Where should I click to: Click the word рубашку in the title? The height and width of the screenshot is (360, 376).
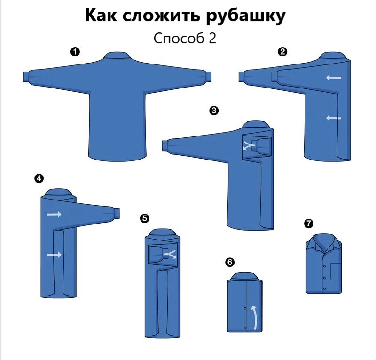[x=246, y=16]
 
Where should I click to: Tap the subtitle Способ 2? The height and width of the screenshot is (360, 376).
[x=185, y=38]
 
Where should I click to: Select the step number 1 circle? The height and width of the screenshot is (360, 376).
[x=75, y=52]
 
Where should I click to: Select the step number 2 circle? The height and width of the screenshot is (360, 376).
[x=282, y=52]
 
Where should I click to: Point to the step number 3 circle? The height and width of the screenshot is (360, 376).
[x=214, y=111]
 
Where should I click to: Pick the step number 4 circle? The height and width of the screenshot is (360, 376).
[x=39, y=178]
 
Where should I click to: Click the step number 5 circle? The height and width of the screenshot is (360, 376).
[x=145, y=218]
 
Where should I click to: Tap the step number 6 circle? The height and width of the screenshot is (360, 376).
[x=230, y=262]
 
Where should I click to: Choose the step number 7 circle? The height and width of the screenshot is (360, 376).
[x=309, y=224]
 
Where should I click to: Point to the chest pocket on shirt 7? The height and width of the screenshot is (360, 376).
[x=336, y=272]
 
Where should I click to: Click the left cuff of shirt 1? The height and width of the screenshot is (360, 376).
[x=26, y=77]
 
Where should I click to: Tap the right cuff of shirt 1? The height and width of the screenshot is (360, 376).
[x=208, y=77]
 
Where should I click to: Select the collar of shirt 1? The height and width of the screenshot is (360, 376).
[x=117, y=56]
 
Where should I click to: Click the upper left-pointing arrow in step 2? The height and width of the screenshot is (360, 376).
[x=334, y=78]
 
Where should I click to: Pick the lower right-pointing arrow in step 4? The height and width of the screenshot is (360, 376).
[x=54, y=255]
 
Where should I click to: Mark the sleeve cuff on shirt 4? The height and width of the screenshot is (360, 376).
[x=117, y=214]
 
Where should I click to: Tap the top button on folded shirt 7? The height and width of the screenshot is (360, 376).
[x=324, y=266]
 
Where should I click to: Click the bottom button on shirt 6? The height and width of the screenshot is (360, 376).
[x=245, y=328]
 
